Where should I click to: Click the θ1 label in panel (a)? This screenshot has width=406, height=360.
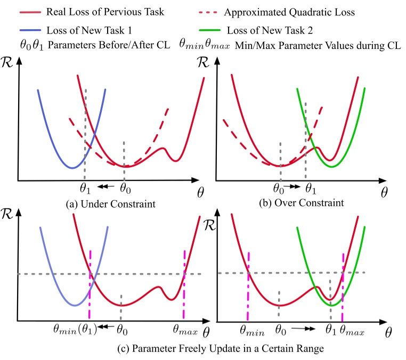[x=86, y=187]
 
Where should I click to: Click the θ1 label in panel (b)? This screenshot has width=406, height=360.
[x=310, y=188]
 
